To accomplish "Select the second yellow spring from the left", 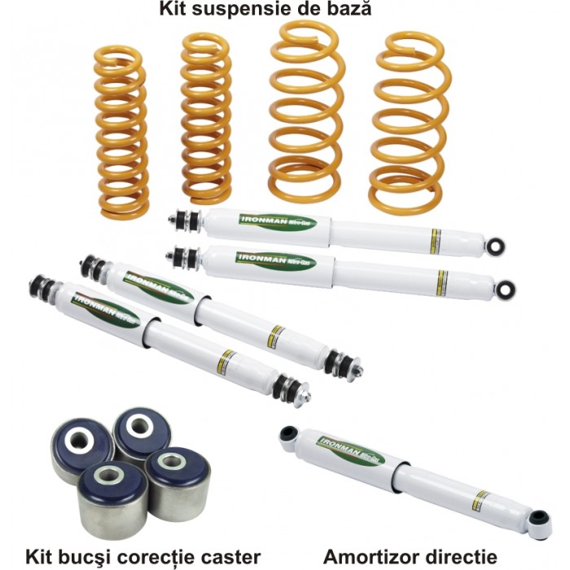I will (205, 117).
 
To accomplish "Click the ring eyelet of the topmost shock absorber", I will (494, 244).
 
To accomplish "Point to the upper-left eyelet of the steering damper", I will (287, 434).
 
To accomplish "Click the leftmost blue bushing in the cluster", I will (82, 449).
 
